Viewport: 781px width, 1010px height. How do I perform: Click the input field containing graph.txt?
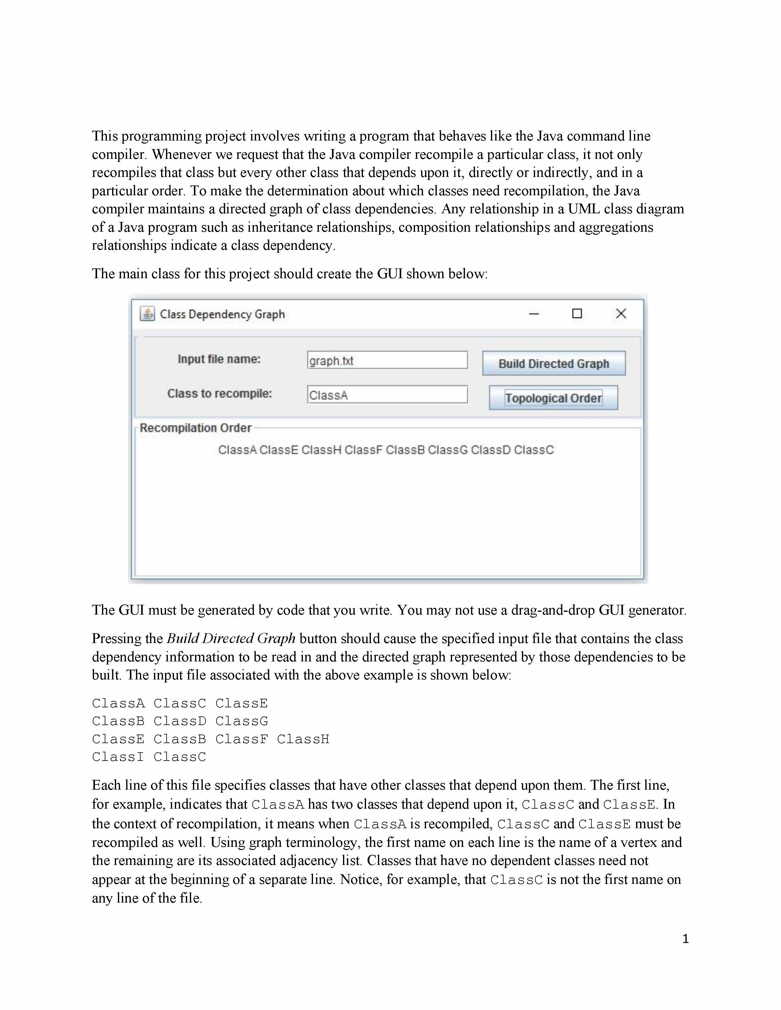click(387, 360)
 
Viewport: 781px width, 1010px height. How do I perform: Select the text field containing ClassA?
click(387, 395)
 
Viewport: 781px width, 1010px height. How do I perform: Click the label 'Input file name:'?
click(219, 359)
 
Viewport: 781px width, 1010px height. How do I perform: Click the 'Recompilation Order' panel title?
click(195, 428)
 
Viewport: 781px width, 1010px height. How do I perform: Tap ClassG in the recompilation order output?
click(447, 450)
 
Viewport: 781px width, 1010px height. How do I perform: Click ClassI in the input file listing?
click(118, 757)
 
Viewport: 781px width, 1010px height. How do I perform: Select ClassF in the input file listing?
click(242, 739)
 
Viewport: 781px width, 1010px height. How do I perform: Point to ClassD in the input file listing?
click(179, 721)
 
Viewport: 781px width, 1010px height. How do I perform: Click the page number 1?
click(685, 939)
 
